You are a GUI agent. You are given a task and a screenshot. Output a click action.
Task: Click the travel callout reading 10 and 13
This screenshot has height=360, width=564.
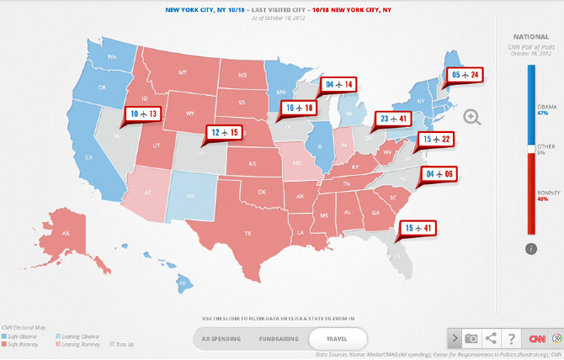(x=142, y=113)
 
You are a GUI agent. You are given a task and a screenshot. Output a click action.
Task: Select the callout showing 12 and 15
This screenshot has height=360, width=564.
(x=225, y=132)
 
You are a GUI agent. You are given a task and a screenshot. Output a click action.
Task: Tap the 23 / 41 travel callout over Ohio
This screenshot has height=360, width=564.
(x=395, y=119)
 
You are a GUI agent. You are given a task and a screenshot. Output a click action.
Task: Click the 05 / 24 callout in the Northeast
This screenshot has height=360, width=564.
(x=465, y=75)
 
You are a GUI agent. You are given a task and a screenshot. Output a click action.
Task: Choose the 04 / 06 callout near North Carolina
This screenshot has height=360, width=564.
(x=439, y=174)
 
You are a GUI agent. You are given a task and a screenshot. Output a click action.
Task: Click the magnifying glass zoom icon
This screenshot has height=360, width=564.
(x=472, y=118)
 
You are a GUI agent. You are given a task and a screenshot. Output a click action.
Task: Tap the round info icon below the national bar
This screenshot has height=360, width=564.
(x=531, y=248)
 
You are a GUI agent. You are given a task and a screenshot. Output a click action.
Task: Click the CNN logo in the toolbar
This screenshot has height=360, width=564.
(x=536, y=338)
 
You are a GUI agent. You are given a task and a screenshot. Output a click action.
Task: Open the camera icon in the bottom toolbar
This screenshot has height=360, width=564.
(x=472, y=338)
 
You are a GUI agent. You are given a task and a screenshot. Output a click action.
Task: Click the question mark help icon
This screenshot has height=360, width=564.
(x=511, y=338)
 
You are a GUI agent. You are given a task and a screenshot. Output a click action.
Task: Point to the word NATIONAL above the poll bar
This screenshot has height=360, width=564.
(x=531, y=36)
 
